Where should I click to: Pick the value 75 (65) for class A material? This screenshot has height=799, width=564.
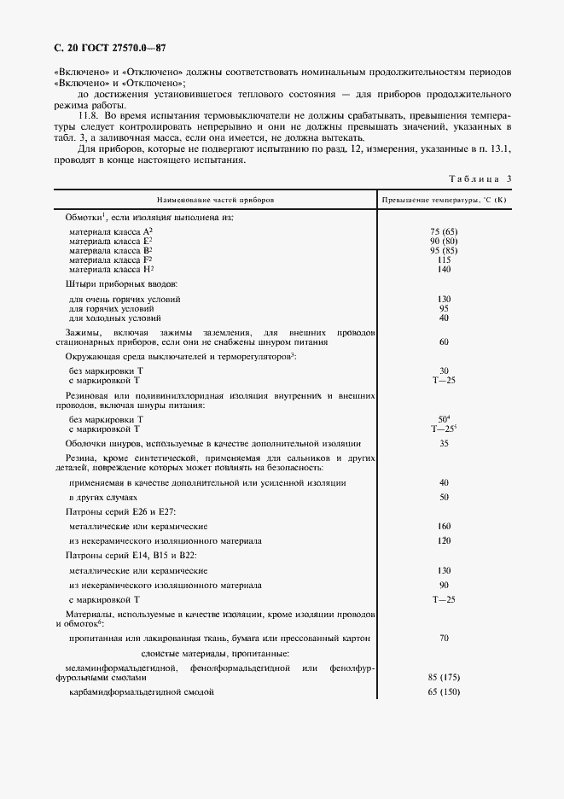click(x=444, y=232)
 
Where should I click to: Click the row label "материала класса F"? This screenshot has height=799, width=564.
click(x=110, y=260)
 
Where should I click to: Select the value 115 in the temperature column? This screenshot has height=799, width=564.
click(x=444, y=260)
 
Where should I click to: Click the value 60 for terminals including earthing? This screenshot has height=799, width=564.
click(x=444, y=341)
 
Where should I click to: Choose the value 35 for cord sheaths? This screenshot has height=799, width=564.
click(x=444, y=444)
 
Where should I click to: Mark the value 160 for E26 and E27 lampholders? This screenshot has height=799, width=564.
click(x=444, y=527)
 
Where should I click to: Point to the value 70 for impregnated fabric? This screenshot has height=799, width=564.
click(x=444, y=638)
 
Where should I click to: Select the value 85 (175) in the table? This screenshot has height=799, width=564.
click(x=444, y=677)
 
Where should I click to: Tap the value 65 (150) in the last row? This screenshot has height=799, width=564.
click(x=444, y=692)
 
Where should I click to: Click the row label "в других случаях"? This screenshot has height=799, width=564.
click(x=102, y=497)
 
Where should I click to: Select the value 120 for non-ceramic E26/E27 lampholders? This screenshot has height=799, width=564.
click(x=444, y=541)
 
